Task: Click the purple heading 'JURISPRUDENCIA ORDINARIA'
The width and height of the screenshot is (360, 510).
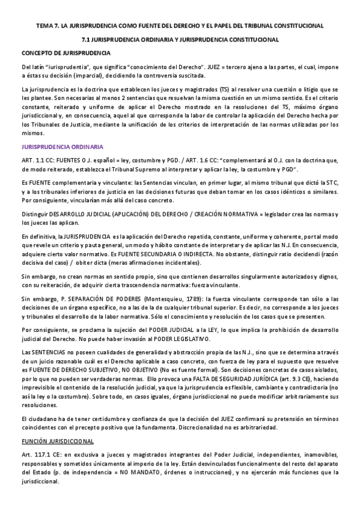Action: (62, 146)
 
